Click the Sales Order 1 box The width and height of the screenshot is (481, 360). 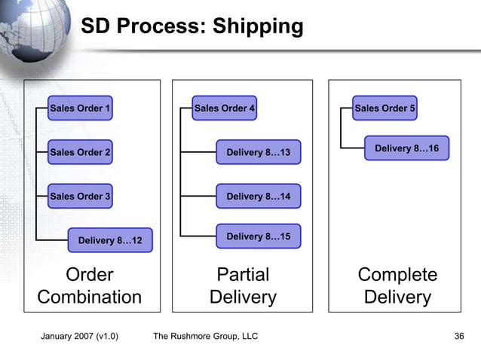(80, 108)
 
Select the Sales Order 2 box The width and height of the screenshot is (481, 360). (80, 153)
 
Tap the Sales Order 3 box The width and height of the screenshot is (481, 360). (80, 197)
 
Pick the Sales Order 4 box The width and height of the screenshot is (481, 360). (225, 108)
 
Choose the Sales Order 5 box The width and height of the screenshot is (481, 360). (384, 108)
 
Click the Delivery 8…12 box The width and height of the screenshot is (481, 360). (110, 241)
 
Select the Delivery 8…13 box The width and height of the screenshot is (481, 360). (258, 153)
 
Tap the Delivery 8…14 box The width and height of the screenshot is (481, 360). (258, 197)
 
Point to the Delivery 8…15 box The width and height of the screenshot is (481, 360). (258, 236)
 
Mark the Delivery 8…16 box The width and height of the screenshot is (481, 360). (406, 148)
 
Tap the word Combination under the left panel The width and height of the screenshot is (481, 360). (90, 297)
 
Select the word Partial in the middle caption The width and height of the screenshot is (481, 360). (242, 274)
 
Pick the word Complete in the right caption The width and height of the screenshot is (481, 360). (397, 274)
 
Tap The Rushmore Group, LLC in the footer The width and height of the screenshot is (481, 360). (205, 336)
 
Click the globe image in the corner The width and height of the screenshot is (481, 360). (30, 30)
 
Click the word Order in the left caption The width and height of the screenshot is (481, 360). (90, 274)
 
